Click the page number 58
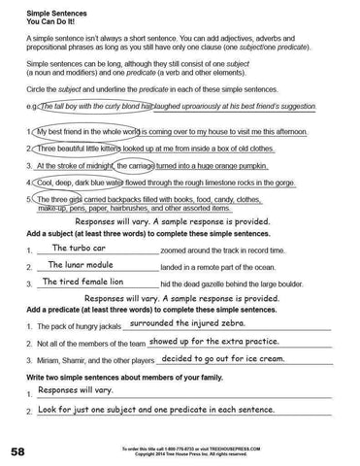[18, 451]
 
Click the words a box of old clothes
[263, 150]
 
